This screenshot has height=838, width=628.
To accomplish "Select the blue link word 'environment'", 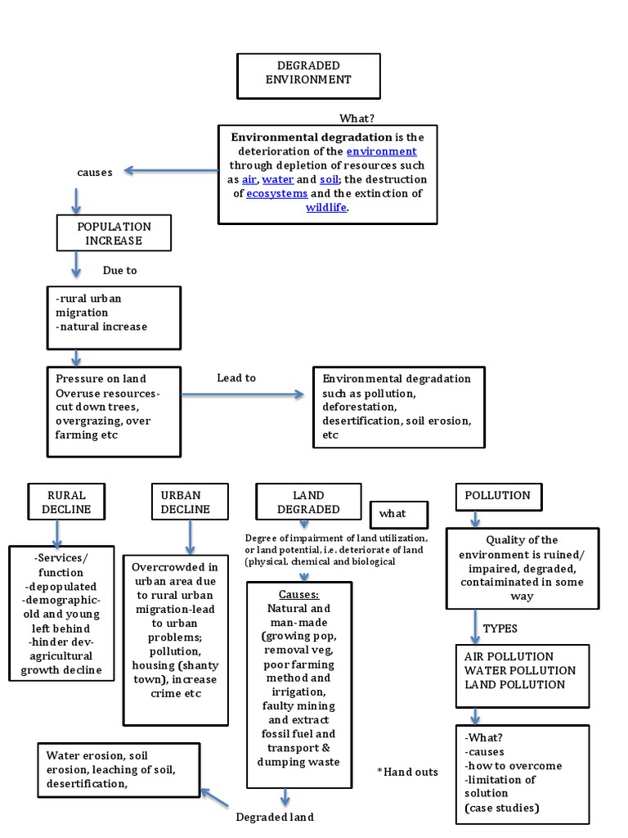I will click(x=381, y=151).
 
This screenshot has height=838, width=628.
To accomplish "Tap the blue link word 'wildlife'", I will click(x=326, y=208).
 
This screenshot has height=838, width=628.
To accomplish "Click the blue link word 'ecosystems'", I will click(x=277, y=194).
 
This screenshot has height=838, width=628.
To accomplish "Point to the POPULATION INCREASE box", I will click(x=114, y=233).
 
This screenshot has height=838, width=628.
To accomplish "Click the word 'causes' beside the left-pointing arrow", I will click(x=95, y=172).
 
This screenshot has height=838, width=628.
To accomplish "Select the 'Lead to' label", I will click(x=236, y=378).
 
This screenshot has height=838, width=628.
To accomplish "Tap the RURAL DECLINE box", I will click(x=66, y=502).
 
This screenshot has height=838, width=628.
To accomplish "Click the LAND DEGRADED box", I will click(x=308, y=502).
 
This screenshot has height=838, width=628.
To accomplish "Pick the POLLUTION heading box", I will click(x=497, y=496).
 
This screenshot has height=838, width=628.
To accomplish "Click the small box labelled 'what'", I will click(x=399, y=514).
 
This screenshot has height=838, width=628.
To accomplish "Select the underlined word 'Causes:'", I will click(x=298, y=594).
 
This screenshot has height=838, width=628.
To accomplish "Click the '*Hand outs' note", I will click(x=407, y=772).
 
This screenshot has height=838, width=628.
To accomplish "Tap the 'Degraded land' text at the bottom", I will click(x=275, y=817).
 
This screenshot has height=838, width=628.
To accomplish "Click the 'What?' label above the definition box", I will click(x=357, y=119).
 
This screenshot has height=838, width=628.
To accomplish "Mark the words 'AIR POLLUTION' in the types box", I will click(x=509, y=656).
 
